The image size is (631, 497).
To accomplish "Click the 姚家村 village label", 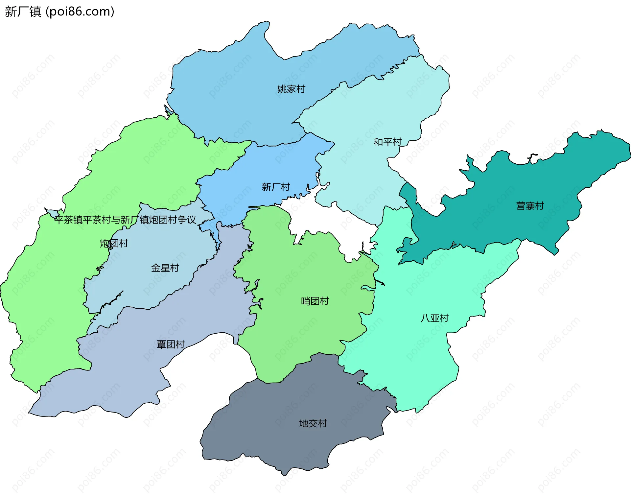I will [x=291, y=89].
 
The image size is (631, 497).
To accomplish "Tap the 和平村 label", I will [x=387, y=142].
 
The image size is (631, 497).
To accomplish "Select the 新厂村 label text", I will [x=276, y=187].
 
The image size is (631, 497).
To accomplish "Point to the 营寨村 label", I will [x=530, y=206].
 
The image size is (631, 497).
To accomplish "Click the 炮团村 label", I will [x=114, y=244].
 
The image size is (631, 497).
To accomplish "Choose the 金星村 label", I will [x=165, y=268].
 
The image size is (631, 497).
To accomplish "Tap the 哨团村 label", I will [x=315, y=301].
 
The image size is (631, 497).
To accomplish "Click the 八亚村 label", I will [x=434, y=318].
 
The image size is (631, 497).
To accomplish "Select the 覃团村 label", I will [x=171, y=344].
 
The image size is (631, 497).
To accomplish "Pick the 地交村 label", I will [x=313, y=423].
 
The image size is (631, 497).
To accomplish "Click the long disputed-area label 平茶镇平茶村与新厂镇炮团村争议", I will [x=125, y=220].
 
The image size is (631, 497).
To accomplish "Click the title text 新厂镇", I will [x=23, y=12].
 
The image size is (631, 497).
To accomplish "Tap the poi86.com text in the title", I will [x=80, y=12].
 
